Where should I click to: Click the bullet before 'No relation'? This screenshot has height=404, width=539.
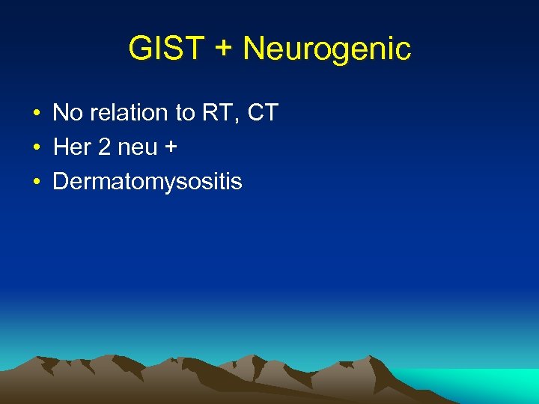click(x=35, y=114)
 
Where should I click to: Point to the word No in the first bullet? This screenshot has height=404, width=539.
click(x=67, y=113)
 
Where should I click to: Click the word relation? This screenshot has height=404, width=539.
click(x=128, y=113)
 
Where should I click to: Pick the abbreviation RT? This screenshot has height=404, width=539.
click(x=217, y=113)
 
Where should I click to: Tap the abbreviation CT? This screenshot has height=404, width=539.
click(x=262, y=113)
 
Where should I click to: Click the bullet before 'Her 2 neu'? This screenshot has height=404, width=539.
click(x=35, y=148)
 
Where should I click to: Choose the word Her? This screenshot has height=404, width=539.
click(x=72, y=147)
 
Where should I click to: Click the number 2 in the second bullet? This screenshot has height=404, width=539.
click(x=104, y=147)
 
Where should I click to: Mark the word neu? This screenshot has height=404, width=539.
click(x=137, y=147)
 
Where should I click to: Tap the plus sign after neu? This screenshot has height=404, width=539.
click(x=171, y=148)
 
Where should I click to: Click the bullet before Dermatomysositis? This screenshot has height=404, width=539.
click(x=35, y=183)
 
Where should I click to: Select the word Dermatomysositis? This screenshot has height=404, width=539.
click(x=147, y=182)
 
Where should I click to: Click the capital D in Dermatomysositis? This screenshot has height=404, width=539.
click(x=60, y=182)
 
